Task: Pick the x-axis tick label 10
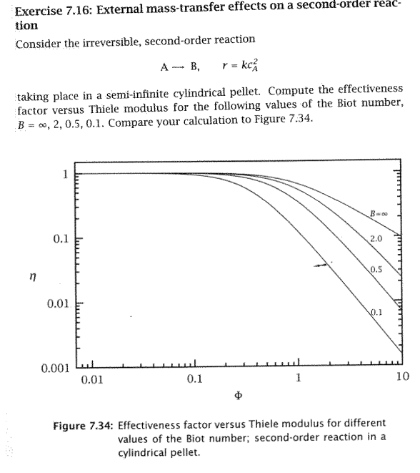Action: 403,376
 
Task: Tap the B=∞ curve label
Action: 378,212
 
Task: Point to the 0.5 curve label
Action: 377,269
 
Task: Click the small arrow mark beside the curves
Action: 324,265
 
